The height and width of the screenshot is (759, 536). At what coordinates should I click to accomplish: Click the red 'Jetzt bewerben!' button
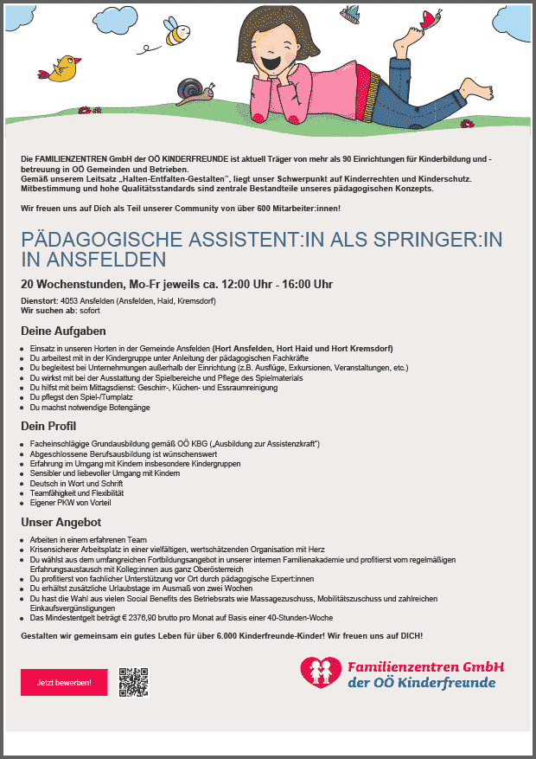64,682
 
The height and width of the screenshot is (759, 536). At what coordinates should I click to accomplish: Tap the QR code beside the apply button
134,682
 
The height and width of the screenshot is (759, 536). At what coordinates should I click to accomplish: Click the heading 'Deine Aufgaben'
63,331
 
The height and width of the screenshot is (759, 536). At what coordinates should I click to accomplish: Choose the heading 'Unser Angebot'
61,523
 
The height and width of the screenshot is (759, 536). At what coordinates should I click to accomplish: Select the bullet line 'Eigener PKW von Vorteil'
70,503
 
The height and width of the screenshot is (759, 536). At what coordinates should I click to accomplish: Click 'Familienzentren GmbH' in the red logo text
425,667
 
